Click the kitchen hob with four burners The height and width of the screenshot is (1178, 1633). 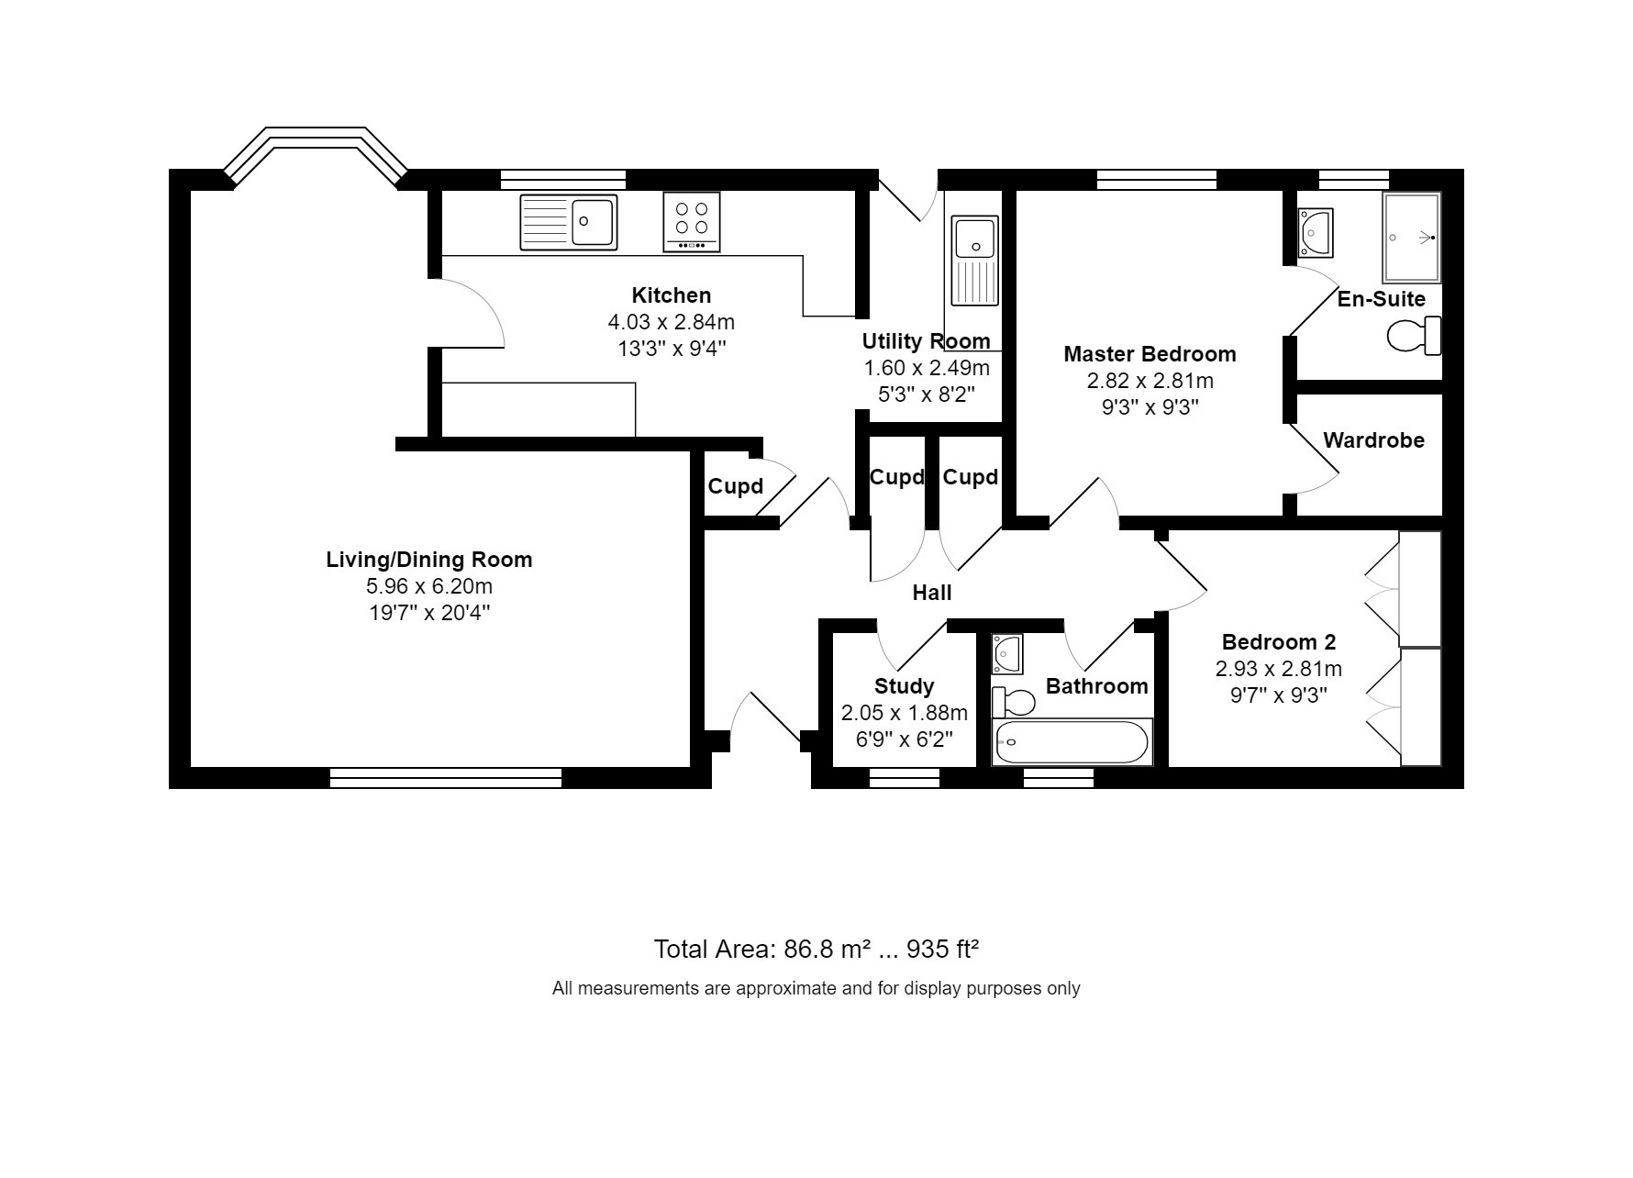[x=692, y=221]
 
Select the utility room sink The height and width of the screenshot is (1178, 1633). [x=974, y=261]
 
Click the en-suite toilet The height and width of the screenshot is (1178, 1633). [x=1414, y=336]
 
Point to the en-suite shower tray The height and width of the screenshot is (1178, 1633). [x=1412, y=238]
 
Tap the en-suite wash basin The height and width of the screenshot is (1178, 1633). [x=1316, y=233]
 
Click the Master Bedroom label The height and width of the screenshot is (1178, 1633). [x=1150, y=354]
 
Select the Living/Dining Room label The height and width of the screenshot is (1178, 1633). [x=429, y=560]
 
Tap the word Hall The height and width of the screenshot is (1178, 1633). [x=932, y=593]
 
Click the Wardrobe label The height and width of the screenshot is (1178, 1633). [x=1373, y=440]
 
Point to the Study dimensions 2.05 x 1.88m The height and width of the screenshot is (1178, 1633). [x=905, y=713]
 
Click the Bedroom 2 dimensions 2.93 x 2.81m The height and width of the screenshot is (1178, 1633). [x=1279, y=669]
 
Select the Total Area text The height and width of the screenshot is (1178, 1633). [x=816, y=949]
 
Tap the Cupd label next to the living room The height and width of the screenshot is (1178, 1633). [x=736, y=486]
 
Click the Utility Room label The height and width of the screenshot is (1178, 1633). [x=927, y=341]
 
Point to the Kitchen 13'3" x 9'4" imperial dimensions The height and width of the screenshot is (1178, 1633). [x=672, y=349]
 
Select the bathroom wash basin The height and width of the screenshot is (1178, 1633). [x=1007, y=653]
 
